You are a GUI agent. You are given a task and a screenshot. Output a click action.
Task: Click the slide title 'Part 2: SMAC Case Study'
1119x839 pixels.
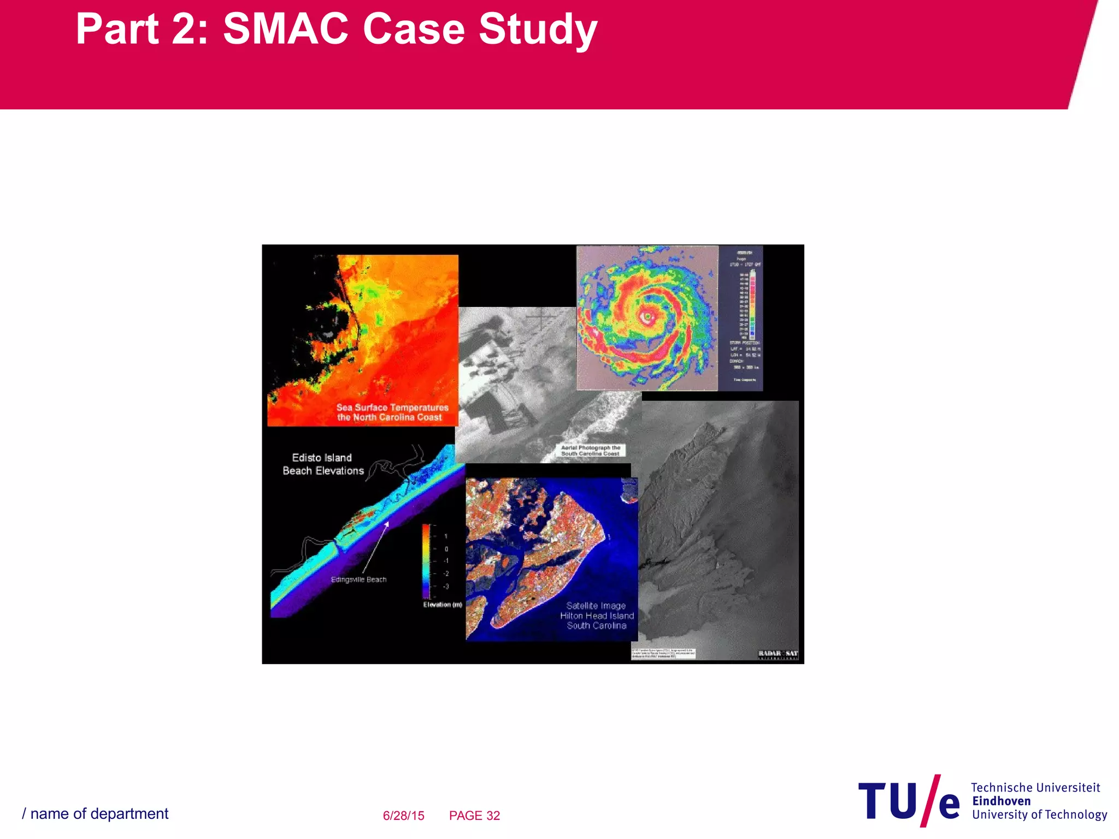336,29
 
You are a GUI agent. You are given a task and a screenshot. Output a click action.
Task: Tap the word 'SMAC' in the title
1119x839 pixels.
285,29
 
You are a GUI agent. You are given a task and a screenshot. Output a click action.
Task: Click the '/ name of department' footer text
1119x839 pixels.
95,814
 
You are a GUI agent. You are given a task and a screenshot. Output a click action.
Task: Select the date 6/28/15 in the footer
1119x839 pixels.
403,816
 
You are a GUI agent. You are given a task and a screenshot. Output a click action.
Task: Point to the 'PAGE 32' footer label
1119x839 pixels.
474,816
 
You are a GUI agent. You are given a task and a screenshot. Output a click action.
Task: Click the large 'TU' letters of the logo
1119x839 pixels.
887,801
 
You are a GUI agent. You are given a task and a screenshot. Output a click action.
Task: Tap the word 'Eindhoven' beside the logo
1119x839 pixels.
1001,801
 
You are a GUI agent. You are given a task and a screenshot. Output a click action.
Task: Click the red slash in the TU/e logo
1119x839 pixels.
930,800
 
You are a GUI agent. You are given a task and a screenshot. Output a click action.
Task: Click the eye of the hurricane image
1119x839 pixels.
647,316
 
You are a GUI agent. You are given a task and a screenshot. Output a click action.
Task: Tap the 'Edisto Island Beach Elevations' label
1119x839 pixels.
323,464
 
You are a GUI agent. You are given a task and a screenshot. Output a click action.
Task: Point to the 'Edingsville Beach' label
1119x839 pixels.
358,580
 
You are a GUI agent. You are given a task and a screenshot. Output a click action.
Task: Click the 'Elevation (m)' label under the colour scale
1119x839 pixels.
442,605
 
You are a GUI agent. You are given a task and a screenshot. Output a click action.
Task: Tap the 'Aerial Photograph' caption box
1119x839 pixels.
590,451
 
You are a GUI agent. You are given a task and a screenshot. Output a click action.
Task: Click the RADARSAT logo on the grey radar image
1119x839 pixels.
778,654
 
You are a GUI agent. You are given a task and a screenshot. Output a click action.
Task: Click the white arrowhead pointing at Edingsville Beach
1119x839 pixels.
386,524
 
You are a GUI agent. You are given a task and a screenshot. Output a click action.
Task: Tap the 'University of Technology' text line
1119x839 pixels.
1039,814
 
